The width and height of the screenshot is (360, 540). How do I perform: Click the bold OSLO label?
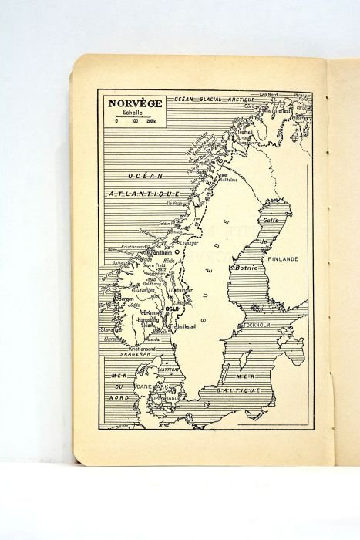click(x=172, y=309)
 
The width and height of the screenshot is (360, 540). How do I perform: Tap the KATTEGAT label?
click(x=169, y=370)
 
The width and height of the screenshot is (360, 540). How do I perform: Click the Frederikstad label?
click(x=182, y=326)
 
